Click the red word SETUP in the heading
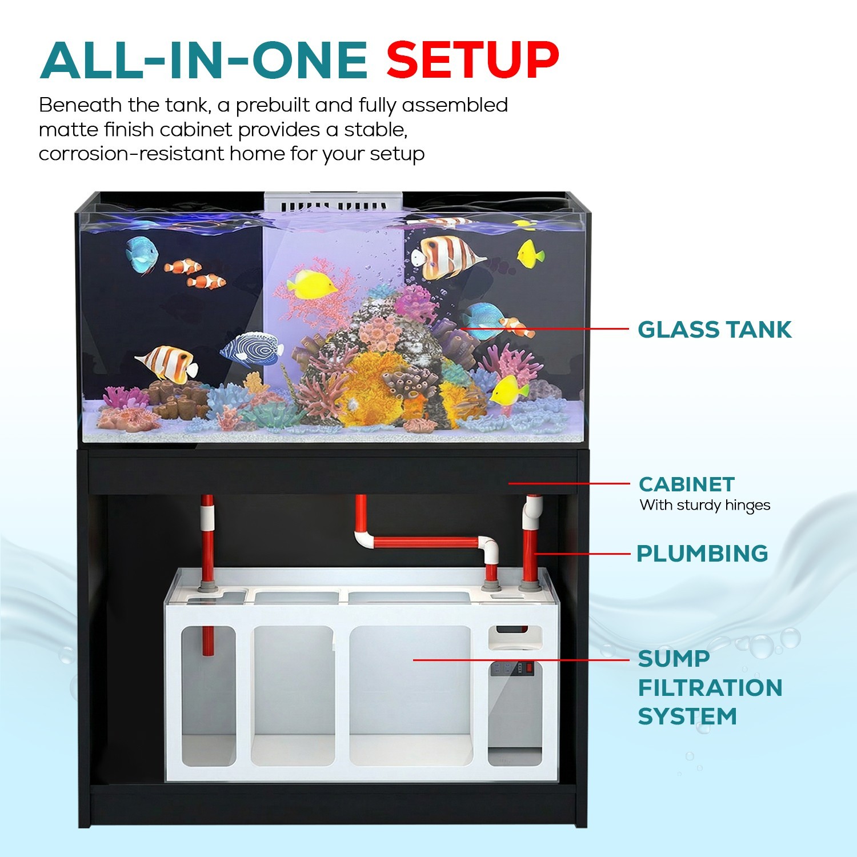tap(472, 59)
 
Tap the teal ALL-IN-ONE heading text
tap(204, 60)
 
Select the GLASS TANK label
tap(714, 330)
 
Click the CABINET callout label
tap(686, 484)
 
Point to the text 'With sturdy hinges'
tap(705, 506)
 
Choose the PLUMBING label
tap(702, 553)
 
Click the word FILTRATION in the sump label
tap(710, 687)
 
